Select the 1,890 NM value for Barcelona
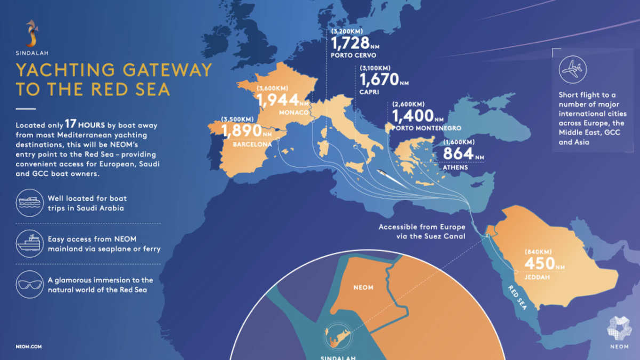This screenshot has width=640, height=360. [243, 131]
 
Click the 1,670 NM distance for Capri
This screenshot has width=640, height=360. [380, 80]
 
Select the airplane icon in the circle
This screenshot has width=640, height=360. [573, 69]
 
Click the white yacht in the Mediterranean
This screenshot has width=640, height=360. [388, 176]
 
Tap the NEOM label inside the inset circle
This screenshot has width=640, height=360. [363, 287]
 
